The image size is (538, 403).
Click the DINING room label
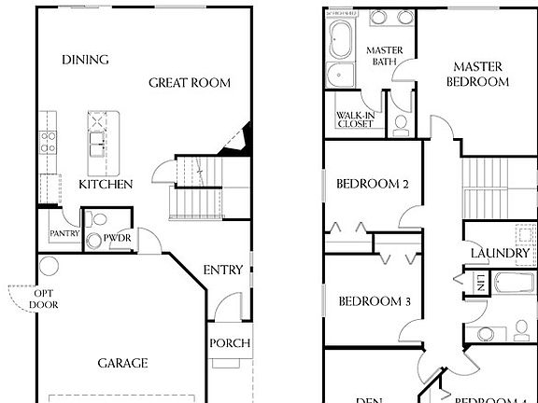pyautogui.click(x=85, y=60)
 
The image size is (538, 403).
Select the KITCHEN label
pyautogui.click(x=105, y=184)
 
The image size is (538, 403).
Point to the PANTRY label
pyautogui.click(x=64, y=234)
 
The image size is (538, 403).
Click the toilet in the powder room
pyautogui.click(x=92, y=241)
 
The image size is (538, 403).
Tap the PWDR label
pyautogui.click(x=117, y=238)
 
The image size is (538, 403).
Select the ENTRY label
pyautogui.click(x=223, y=271)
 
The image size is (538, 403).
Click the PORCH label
pyautogui.click(x=229, y=343)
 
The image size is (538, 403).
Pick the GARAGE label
pyautogui.click(x=122, y=363)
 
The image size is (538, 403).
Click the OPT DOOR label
pyautogui.click(x=43, y=298)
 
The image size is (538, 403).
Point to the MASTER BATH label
pyautogui.click(x=382, y=56)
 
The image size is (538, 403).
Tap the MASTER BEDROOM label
pyautogui.click(x=480, y=74)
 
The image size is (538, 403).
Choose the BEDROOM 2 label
pyautogui.click(x=374, y=184)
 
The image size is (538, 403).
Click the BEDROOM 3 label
pyautogui.click(x=375, y=301)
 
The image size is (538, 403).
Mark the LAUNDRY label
pyautogui.click(x=500, y=254)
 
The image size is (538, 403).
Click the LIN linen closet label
pyautogui.click(x=478, y=281)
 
